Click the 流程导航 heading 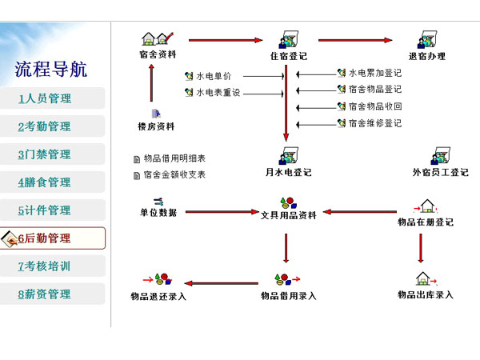click(51, 69)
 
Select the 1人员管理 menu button click(52, 98)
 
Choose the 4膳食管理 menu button click(52, 182)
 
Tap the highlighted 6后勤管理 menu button click(53, 238)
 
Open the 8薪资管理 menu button click(52, 294)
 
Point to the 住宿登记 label click(288, 56)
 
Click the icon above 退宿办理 click(427, 39)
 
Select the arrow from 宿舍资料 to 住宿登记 click(226, 40)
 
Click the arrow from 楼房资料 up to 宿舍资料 click(151, 82)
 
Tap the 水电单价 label click(214, 76)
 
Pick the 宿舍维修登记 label click(375, 123)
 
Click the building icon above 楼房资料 click(156, 114)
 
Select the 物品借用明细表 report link click(174, 158)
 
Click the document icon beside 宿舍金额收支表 click(137, 176)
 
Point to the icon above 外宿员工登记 click(440, 156)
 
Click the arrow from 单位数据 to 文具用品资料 click(222, 211)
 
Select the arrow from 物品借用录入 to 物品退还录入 click(222, 283)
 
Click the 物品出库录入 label click(426, 294)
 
